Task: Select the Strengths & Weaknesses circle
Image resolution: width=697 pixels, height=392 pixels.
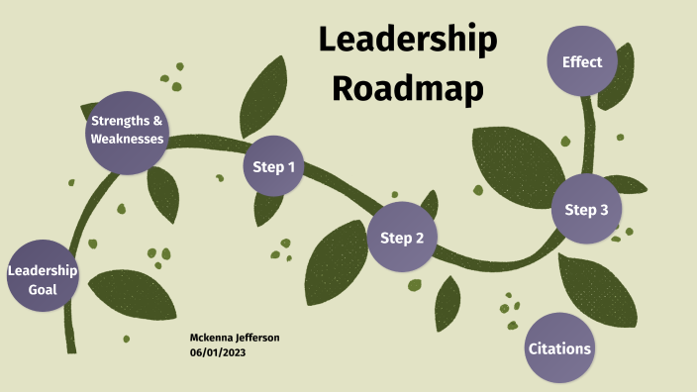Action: click(127, 131)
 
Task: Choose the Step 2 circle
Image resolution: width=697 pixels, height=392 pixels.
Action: click(402, 238)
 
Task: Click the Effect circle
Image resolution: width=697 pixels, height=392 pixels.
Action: click(582, 62)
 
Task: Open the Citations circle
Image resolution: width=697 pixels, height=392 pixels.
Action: click(559, 348)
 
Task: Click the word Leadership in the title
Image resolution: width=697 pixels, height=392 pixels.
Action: click(407, 41)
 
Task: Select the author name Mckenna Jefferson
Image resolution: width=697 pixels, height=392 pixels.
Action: click(235, 338)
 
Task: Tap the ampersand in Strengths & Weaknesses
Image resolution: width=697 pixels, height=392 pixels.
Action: click(156, 121)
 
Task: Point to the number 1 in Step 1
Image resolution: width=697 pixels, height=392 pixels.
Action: click(291, 166)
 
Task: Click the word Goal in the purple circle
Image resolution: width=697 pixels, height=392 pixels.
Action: click(42, 290)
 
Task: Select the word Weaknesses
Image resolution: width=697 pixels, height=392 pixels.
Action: click(127, 140)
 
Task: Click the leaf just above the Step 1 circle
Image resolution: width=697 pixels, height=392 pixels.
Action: click(263, 94)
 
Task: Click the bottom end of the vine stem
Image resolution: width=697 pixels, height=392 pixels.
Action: click(70, 348)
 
